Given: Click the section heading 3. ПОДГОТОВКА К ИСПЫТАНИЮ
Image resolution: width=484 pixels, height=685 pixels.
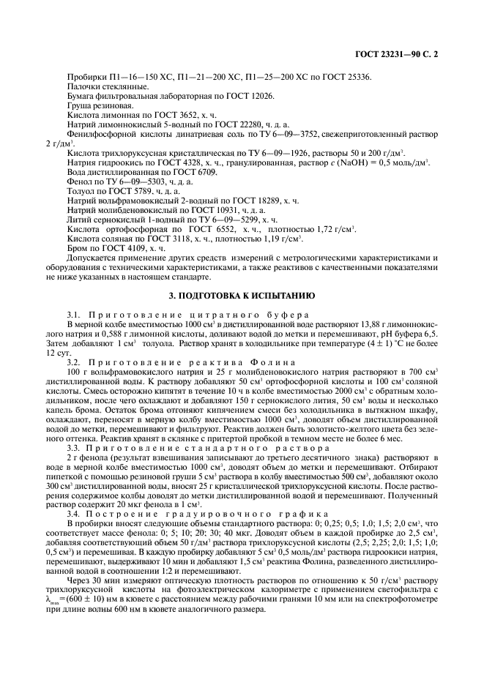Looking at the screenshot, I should tap(242, 296).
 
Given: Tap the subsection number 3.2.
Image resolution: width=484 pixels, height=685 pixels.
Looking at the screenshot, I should tap(73, 362).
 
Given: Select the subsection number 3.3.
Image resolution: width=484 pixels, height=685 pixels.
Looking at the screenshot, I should tap(73, 447).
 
